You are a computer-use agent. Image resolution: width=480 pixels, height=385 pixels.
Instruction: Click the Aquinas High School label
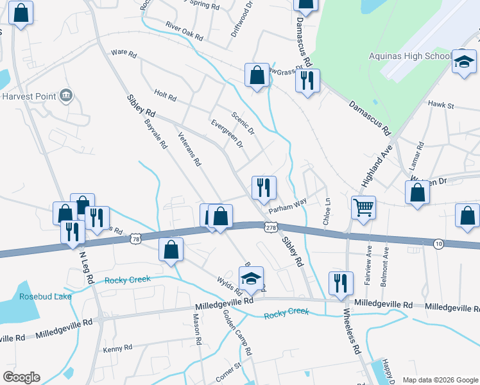[x=411, y=56]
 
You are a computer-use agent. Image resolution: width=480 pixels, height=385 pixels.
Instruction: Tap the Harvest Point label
[x=28, y=96]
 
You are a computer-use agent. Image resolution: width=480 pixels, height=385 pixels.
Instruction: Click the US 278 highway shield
[x=271, y=227]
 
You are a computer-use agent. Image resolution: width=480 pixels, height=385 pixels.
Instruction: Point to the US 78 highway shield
[x=135, y=239]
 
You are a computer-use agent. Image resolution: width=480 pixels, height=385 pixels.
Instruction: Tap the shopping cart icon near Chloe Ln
[x=363, y=207]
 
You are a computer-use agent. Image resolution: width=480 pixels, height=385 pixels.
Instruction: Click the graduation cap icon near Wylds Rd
[x=252, y=277]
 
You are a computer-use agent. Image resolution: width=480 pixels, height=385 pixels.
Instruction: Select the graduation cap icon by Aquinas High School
[x=464, y=62]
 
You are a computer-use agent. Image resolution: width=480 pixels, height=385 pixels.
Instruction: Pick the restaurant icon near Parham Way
[x=264, y=187]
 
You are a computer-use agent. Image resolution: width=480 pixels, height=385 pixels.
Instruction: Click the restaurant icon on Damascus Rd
[x=307, y=80]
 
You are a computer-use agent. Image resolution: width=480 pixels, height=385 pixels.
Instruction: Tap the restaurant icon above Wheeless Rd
[x=340, y=282]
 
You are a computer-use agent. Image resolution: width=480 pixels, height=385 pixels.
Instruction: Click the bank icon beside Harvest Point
[x=65, y=96]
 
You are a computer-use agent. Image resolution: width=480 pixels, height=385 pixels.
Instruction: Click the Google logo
[x=21, y=377]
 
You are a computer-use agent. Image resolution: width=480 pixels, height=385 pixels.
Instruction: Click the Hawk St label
[x=441, y=105]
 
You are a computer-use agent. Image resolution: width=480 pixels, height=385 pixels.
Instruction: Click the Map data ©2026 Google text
[x=440, y=380]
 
